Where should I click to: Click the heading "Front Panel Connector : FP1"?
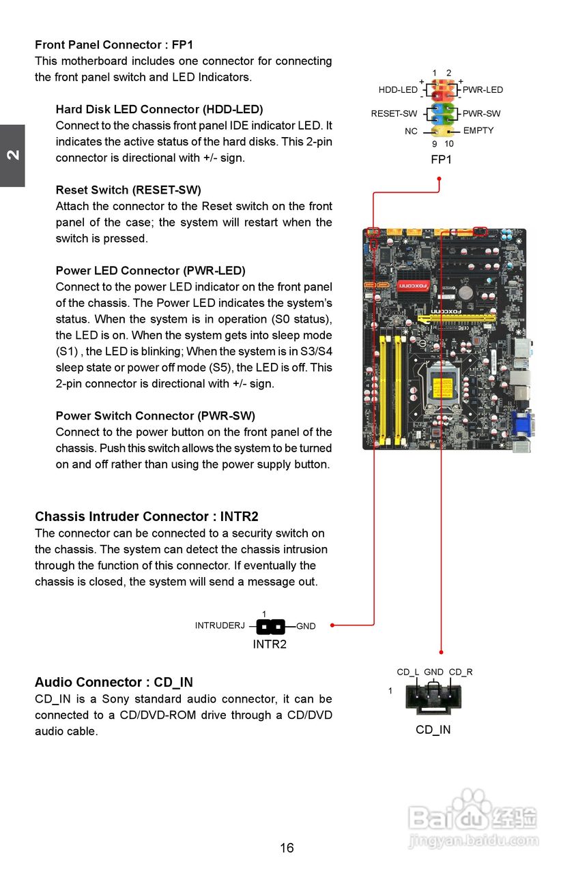point(114,45)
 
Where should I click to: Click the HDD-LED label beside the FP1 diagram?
point(398,90)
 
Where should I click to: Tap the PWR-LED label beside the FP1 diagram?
point(483,90)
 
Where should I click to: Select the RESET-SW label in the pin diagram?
point(394,114)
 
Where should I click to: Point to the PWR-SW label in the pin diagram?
point(481,114)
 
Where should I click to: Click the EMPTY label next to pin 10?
point(478,130)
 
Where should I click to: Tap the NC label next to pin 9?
point(411,131)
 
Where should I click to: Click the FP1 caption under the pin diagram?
point(441,160)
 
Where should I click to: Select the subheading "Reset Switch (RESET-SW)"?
point(128,190)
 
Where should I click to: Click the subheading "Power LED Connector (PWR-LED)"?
point(150,271)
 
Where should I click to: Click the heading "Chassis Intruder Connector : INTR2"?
point(147,516)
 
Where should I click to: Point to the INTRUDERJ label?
point(220,625)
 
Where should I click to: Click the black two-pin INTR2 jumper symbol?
point(271,625)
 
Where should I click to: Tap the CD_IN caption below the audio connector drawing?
point(433,730)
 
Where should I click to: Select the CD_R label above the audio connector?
point(461,672)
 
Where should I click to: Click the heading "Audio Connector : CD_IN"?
point(114,682)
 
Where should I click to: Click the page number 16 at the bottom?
point(287,848)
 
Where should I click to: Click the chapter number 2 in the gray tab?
point(12,155)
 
